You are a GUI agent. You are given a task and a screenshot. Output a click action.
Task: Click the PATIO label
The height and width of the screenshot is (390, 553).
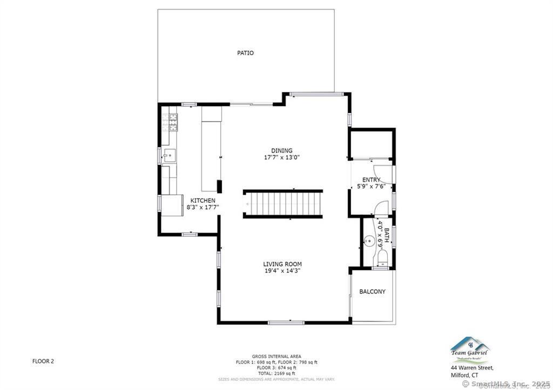click(x=245, y=53)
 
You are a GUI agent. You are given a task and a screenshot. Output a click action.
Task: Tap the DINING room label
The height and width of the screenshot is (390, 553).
click(x=282, y=150)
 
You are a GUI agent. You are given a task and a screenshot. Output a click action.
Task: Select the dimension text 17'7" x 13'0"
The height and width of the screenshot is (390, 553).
click(x=282, y=158)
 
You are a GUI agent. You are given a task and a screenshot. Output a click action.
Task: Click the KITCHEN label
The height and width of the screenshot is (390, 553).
click(x=203, y=200)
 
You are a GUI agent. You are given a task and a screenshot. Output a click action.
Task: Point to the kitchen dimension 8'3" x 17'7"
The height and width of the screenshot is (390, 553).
click(x=203, y=207)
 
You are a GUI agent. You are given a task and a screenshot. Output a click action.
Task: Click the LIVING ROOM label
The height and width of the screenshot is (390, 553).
click(x=282, y=264)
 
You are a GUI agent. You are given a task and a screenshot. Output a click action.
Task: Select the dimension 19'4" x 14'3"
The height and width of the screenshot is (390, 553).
click(x=282, y=271)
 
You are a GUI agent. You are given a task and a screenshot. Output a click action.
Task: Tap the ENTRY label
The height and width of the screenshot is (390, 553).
click(x=371, y=180)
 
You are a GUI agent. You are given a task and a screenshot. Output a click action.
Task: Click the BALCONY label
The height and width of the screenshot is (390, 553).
click(x=373, y=291)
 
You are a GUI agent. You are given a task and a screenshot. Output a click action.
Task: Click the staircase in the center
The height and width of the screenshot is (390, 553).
click(x=283, y=203)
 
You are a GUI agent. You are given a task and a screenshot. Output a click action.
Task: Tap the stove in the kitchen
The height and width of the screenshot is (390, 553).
click(x=170, y=123)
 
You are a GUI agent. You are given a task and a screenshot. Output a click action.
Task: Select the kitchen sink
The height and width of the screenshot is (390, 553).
click(x=169, y=156)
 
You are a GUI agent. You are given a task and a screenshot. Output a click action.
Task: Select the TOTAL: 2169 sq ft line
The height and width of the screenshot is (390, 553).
click(x=276, y=373)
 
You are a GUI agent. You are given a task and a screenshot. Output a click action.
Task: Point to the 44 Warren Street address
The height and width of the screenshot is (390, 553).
click(x=471, y=368)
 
